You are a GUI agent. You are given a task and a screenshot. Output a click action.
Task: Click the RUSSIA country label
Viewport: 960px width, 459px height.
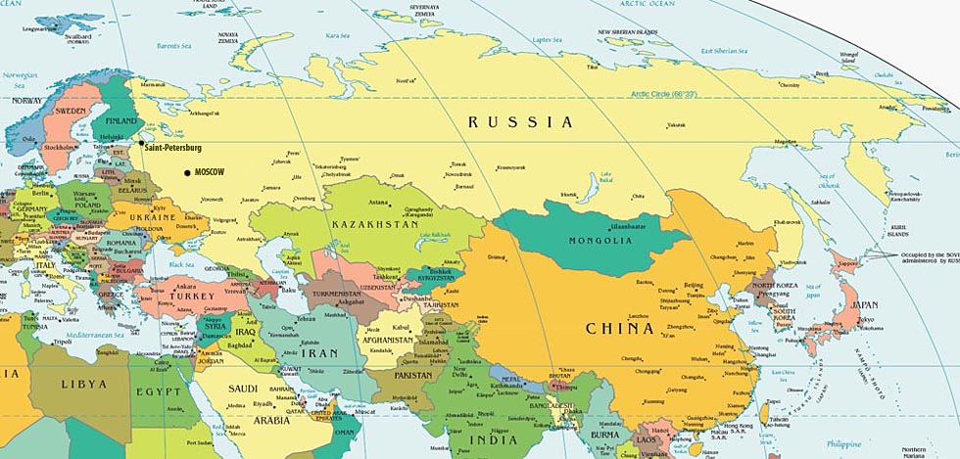[x=520, y=122]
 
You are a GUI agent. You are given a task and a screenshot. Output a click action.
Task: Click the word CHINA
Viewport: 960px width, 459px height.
[x=619, y=329]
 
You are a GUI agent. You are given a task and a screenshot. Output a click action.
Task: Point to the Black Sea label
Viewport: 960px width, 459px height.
[x=180, y=264]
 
